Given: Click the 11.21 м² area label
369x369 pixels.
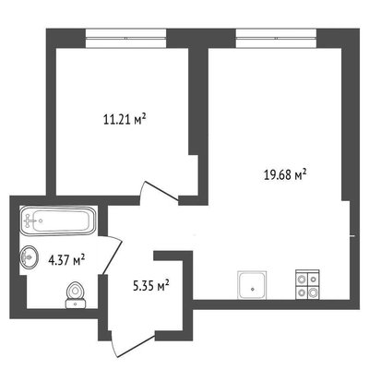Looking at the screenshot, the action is [x=125, y=119].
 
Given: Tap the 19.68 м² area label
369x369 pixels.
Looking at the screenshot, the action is [x=285, y=174].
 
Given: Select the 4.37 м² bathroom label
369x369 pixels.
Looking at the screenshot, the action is [x=66, y=261].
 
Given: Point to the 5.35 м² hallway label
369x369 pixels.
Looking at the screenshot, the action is [x=151, y=286].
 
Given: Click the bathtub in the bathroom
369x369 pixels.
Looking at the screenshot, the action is [x=58, y=220].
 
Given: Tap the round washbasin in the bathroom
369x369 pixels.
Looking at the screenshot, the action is [x=30, y=256].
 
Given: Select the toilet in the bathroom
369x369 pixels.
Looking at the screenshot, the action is [x=76, y=295].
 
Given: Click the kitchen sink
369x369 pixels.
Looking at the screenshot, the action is [x=252, y=285].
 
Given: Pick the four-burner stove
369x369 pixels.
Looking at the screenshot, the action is [x=307, y=284].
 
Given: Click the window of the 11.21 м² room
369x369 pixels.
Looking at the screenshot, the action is [x=125, y=39].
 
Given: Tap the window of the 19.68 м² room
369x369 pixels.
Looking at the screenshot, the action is [x=277, y=39].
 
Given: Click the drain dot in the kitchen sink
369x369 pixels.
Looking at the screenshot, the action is [x=253, y=289].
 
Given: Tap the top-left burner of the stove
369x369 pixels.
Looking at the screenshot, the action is [x=301, y=280].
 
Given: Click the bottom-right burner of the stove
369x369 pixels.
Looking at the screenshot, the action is [x=313, y=292].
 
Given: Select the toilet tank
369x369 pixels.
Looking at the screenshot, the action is [x=76, y=304].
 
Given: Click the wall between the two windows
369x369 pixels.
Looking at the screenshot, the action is [x=201, y=39].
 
